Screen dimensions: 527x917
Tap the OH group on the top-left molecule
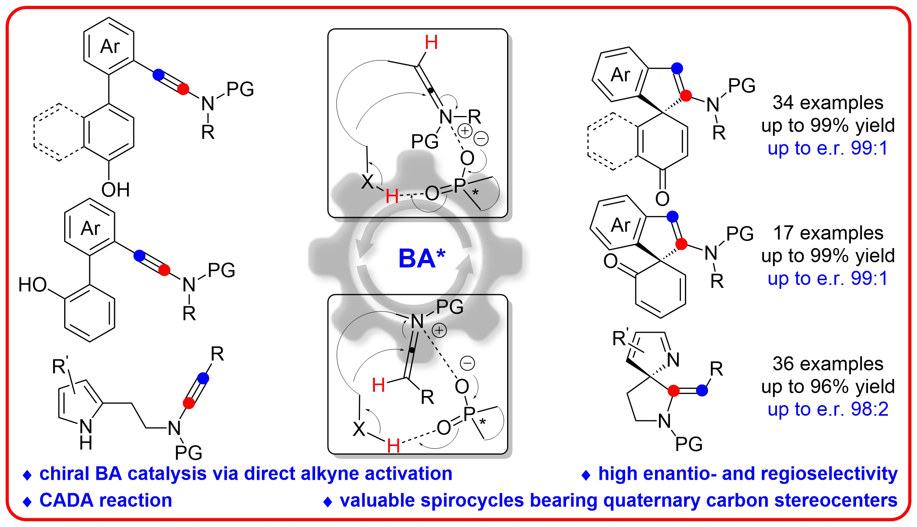tap(115, 190)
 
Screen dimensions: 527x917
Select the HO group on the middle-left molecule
tap(33, 285)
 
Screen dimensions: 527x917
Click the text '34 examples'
tap(828, 103)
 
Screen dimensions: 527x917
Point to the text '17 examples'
tap(828, 233)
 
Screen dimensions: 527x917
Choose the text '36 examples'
tap(828, 364)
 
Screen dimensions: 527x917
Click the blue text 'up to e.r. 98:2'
tap(828, 409)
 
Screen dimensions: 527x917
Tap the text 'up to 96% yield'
tap(828, 387)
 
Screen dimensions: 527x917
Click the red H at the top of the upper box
tap(431, 42)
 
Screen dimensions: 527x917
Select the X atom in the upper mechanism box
tap(367, 182)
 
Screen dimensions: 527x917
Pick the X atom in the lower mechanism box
tap(359, 429)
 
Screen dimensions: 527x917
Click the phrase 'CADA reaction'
tap(105, 500)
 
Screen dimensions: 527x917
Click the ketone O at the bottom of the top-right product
tap(662, 199)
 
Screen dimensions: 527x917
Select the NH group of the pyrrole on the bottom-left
tap(86, 435)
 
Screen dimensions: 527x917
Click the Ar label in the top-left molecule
tap(110, 46)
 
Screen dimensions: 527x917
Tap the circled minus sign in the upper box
tap(481, 138)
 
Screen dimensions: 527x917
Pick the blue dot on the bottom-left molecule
tap(203, 378)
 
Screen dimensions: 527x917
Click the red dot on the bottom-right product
tap(673, 391)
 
